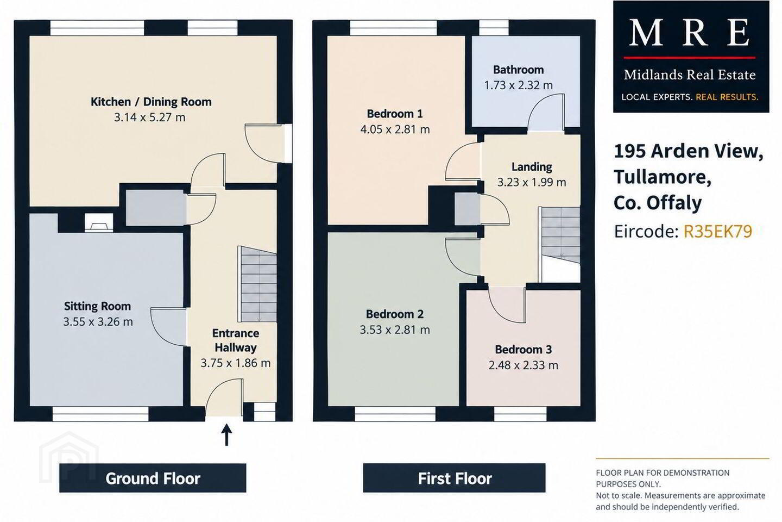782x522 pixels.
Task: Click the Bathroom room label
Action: [519, 70]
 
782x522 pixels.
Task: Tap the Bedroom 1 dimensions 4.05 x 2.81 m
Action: [395, 130]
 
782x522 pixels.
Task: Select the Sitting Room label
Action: [97, 306]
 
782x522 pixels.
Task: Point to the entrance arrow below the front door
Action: [227, 435]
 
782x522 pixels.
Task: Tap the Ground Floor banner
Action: [153, 478]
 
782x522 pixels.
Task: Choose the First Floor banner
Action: [454, 478]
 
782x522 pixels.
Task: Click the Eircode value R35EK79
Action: [717, 232]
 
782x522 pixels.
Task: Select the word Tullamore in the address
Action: [663, 177]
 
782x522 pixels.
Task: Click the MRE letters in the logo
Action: [690, 33]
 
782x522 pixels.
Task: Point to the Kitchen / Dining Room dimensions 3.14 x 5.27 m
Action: [149, 117]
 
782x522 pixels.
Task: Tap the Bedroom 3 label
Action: [524, 349]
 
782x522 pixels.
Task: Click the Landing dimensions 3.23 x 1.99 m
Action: [531, 182]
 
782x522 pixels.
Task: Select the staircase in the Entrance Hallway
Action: [257, 284]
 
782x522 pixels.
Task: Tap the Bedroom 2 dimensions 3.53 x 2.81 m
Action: [395, 330]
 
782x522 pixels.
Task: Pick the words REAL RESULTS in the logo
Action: [727, 97]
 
